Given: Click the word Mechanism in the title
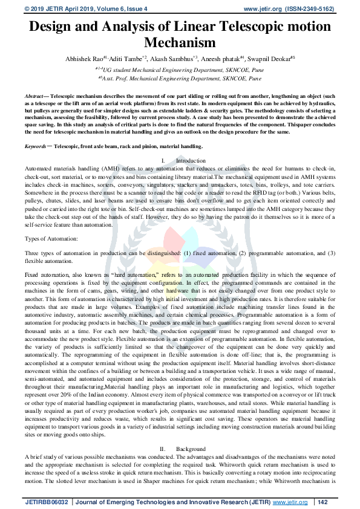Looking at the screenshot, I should tap(180, 42).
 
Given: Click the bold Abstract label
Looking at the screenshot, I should tap(36, 97).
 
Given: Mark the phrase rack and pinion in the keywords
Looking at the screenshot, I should tap(140, 146).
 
